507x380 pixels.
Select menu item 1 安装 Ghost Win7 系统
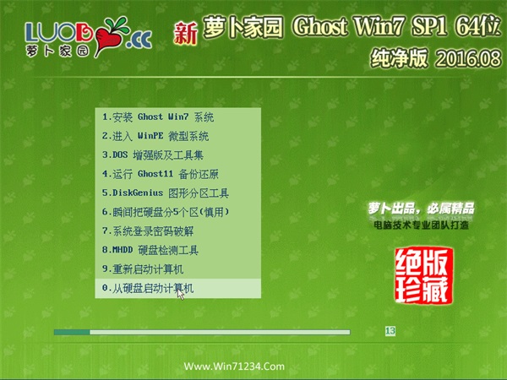tap(158, 117)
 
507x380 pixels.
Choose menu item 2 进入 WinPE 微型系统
tap(155, 136)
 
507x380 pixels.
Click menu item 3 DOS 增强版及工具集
tap(153, 155)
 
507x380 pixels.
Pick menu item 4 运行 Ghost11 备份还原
tap(161, 174)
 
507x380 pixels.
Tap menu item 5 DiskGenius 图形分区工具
tap(166, 193)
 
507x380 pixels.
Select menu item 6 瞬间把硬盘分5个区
tap(166, 212)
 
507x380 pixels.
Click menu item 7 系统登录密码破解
tap(148, 231)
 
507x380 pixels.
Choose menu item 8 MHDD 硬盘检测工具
tap(150, 250)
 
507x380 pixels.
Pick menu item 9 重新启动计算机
tap(143, 269)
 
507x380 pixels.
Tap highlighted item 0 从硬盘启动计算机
tap(148, 288)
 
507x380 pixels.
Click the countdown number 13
tap(390, 331)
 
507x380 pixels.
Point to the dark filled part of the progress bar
tap(72, 332)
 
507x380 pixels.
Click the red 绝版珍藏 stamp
tap(423, 275)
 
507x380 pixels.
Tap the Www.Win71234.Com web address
tap(234, 366)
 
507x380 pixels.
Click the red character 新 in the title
tap(186, 34)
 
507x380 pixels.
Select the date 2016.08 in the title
tap(468, 59)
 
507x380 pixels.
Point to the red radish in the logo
tap(108, 38)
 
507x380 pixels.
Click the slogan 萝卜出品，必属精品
tap(421, 209)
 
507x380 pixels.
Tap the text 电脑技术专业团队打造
tap(421, 225)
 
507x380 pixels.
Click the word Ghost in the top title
tap(320, 26)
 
